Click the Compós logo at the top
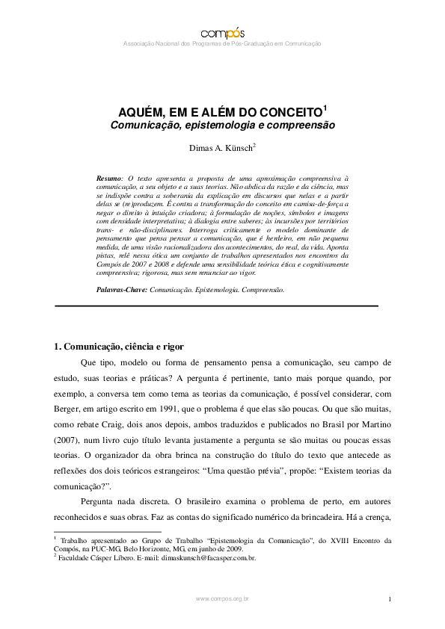222,32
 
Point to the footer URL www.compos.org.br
222,599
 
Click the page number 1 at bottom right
390,599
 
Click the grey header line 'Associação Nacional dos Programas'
221,44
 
